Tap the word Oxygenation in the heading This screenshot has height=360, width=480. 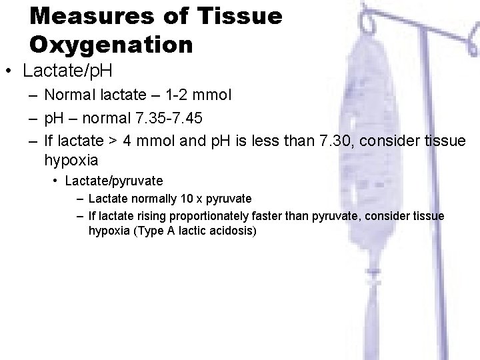pyautogui.click(x=111, y=45)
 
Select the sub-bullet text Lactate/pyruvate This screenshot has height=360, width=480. pyautogui.click(x=113, y=181)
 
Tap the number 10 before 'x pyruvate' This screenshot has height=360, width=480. pyautogui.click(x=181, y=199)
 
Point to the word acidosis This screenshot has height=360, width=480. pyautogui.click(x=233, y=231)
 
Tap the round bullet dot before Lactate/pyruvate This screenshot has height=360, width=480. pyautogui.click(x=57, y=181)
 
